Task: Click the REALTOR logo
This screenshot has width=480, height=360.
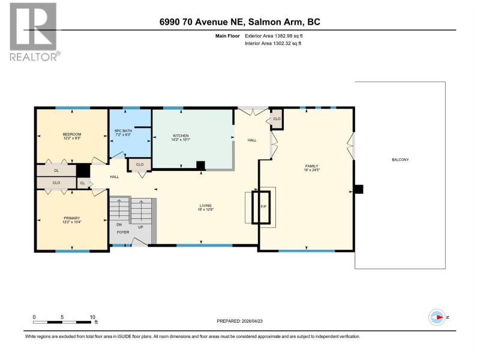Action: tap(34, 32)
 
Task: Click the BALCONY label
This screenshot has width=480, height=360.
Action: tap(400, 160)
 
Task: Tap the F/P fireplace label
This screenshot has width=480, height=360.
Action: tap(263, 207)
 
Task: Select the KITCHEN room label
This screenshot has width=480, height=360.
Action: tap(181, 136)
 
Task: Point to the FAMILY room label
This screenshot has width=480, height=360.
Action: tap(311, 166)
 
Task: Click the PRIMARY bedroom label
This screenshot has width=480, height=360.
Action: tap(72, 218)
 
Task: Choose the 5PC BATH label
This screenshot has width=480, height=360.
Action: tap(124, 131)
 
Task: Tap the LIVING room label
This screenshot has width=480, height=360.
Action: tap(205, 206)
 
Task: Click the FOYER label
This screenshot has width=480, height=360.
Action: tap(123, 232)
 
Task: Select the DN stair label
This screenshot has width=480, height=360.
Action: tap(119, 224)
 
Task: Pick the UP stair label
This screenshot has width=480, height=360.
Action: tap(140, 227)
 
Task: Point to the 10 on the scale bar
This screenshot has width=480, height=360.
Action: tap(92, 317)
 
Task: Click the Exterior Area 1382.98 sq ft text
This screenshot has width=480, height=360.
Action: tap(274, 36)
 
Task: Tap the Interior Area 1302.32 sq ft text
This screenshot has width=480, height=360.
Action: tap(273, 43)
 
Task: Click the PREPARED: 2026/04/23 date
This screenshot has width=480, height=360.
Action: tap(239, 321)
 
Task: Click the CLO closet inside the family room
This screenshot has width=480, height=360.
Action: tap(277, 119)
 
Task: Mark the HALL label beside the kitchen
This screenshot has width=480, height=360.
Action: tap(252, 140)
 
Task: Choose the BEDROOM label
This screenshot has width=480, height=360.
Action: tap(72, 134)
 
